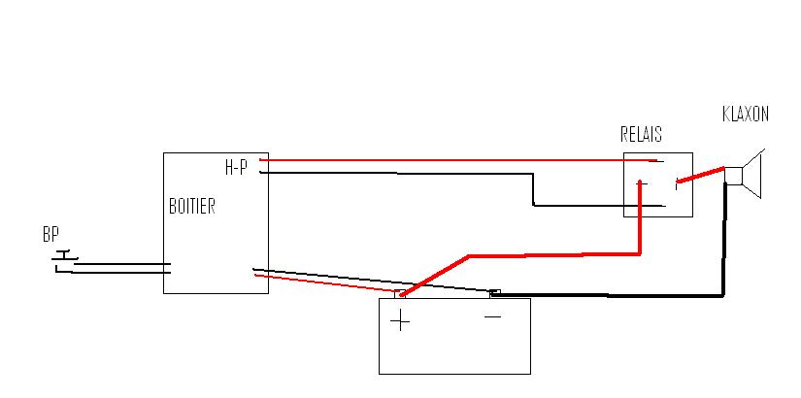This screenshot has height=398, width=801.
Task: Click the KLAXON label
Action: [746, 115]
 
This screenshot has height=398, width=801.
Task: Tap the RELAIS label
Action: [641, 135]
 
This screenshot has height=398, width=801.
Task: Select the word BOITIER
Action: [191, 207]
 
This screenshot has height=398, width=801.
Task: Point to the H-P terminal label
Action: [236, 168]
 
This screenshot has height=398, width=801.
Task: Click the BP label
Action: [50, 235]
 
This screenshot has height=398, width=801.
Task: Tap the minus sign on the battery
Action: [492, 316]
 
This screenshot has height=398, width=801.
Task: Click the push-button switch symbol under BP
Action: [64, 258]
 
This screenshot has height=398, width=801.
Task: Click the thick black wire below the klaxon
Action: [723, 243]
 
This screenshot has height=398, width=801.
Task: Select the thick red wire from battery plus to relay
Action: [553, 255]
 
